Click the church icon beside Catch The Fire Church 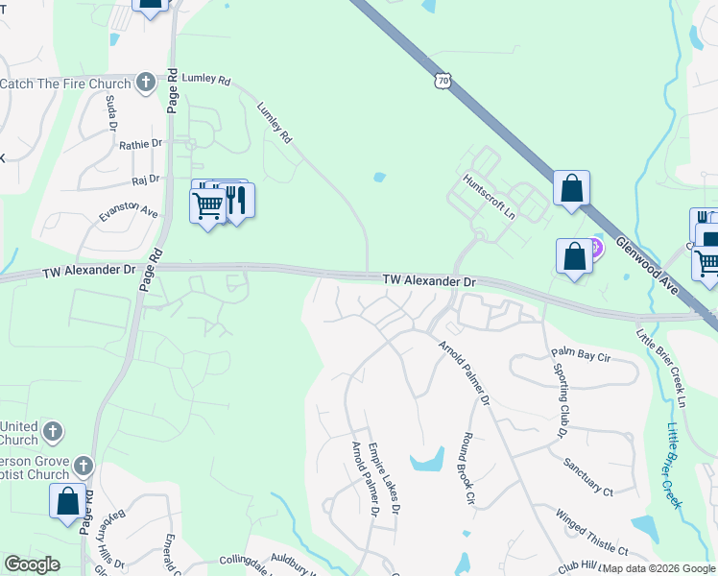145,83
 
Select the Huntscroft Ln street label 489,195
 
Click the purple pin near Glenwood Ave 595,250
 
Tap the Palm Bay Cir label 580,356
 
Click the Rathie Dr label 140,144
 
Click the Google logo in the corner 32,564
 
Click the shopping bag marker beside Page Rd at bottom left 67,502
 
